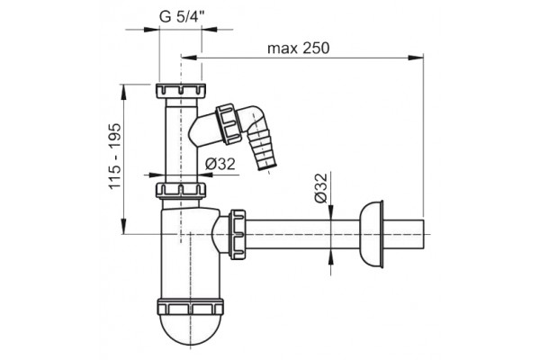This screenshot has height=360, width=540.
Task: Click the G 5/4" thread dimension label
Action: tap(182, 16)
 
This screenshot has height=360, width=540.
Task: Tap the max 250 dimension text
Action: tap(298, 49)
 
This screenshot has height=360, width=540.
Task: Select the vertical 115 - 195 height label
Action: tap(115, 156)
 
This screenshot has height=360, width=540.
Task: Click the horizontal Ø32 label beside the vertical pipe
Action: tap(220, 164)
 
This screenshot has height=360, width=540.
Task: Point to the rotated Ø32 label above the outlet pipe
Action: tap(320, 188)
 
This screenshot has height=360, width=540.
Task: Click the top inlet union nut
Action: tap(181, 91)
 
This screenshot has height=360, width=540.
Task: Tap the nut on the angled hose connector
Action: tap(228, 123)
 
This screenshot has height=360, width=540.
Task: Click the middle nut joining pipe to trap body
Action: tap(181, 190)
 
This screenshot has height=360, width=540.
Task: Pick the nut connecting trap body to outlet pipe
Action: tap(238, 234)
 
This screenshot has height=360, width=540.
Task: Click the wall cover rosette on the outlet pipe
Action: tap(371, 234)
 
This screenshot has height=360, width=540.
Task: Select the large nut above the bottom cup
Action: tap(190, 307)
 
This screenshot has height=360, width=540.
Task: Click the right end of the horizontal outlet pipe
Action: tap(423, 234)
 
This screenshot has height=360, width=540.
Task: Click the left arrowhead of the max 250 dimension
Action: tap(189, 58)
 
